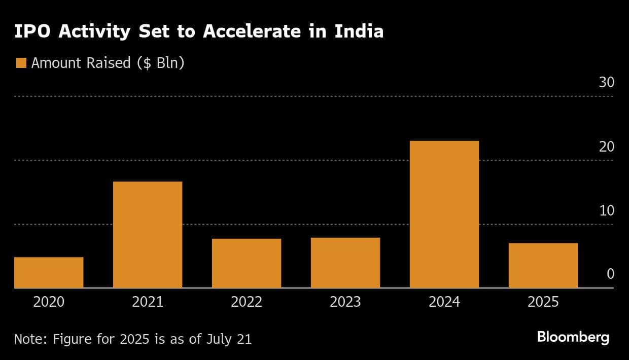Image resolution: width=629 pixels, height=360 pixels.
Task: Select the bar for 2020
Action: tap(49, 272)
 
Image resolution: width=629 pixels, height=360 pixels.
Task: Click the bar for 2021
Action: tap(148, 235)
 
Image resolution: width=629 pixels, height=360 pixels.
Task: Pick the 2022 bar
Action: tap(247, 263)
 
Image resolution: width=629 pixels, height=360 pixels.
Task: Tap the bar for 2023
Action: tap(345, 263)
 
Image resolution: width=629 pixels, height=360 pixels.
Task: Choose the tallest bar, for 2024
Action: tap(444, 214)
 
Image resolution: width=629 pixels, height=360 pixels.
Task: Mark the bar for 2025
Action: tap(543, 266)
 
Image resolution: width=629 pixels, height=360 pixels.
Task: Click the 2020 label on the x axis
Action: tap(49, 302)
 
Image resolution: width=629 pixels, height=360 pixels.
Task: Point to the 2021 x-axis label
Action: tap(148, 302)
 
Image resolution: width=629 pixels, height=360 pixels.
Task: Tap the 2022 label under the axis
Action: tap(247, 302)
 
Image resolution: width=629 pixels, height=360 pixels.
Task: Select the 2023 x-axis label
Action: tap(345, 302)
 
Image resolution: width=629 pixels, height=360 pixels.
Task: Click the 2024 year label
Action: tap(444, 302)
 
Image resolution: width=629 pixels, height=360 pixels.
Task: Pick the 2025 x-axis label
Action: tap(543, 302)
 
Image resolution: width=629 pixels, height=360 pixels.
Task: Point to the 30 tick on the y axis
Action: tap(606, 83)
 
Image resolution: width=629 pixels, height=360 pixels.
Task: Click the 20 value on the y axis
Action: tap(606, 147)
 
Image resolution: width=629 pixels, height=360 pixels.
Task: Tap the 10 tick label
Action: tap(606, 210)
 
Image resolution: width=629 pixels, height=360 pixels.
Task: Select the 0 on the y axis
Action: tap(610, 274)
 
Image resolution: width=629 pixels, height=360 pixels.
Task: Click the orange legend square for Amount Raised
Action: tap(21, 63)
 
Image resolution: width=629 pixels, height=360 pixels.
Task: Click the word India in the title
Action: tap(358, 31)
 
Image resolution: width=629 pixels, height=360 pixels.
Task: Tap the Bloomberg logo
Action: tap(573, 337)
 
